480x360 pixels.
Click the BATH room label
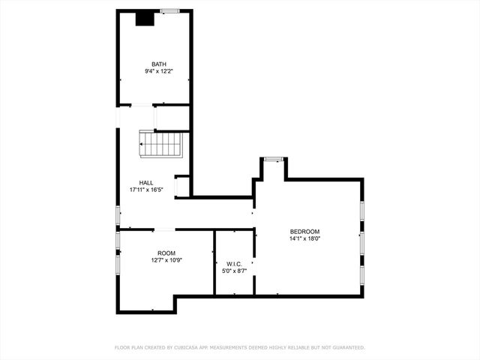[x=159, y=64]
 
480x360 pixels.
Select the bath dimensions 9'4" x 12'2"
[x=159, y=71]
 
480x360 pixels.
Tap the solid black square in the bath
[x=145, y=19]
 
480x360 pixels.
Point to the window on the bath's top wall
[x=169, y=10]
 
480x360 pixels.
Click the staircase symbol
[x=160, y=144]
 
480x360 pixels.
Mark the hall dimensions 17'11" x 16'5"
[x=147, y=190]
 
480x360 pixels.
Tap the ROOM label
[x=166, y=253]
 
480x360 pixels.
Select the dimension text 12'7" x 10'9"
[x=166, y=260]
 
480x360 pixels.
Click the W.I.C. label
[x=233, y=263]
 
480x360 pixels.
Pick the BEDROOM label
[x=305, y=231]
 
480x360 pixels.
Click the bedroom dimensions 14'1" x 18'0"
[x=305, y=238]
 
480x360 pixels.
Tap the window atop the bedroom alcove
[x=274, y=158]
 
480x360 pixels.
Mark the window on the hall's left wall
[x=117, y=214]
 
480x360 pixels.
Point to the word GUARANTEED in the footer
[x=346, y=348]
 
